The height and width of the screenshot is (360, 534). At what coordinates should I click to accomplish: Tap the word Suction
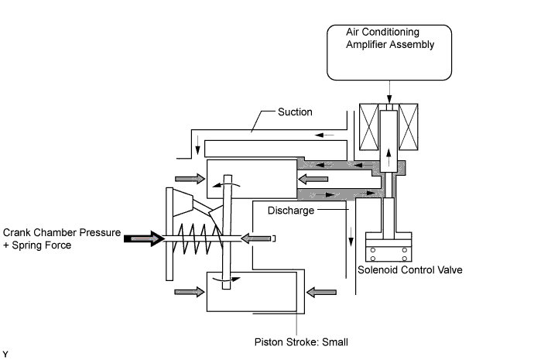tap(296, 112)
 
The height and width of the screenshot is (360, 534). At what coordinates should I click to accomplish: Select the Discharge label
tap(291, 210)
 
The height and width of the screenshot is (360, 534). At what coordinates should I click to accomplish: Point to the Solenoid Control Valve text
tap(403, 270)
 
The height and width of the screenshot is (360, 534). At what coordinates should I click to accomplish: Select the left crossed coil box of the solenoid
tap(365, 129)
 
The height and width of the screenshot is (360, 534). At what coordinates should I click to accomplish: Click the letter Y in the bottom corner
tap(5, 354)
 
